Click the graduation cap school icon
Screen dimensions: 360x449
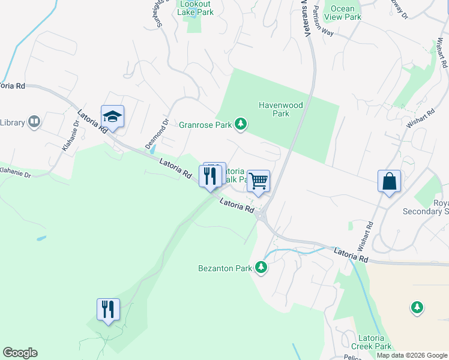pyautogui.click(x=112, y=116)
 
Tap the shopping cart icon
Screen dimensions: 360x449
pyautogui.click(x=258, y=180)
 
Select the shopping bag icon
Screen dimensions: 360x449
pyautogui.click(x=389, y=181)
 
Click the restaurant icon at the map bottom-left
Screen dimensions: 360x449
pyautogui.click(x=108, y=310)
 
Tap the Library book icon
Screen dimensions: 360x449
pyautogui.click(x=34, y=122)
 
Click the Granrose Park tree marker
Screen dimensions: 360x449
pyautogui.click(x=241, y=124)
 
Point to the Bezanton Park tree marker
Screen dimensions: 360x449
pyautogui.click(x=261, y=267)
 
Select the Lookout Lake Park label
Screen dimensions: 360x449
pyautogui.click(x=195, y=8)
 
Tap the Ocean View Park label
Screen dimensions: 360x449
pyautogui.click(x=343, y=13)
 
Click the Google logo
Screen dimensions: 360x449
pyautogui.click(x=20, y=353)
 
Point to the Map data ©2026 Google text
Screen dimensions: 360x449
pyautogui.click(x=411, y=355)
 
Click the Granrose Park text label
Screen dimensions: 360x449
pyautogui.click(x=205, y=125)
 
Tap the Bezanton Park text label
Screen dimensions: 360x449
pyautogui.click(x=225, y=268)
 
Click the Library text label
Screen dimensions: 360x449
pyautogui.click(x=13, y=122)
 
